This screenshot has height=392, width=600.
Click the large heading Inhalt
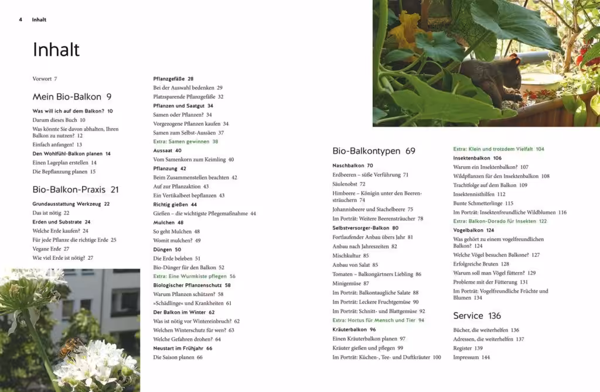[56, 50]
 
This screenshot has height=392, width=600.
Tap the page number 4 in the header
[21, 20]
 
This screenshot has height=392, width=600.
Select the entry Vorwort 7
[45, 78]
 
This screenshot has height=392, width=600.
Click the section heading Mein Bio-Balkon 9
[71, 97]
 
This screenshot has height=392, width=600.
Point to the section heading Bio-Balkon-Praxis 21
[76, 190]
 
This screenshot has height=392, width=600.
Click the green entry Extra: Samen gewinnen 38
[185, 142]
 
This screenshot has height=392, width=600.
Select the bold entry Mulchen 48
[168, 222]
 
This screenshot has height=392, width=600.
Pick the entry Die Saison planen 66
[178, 357]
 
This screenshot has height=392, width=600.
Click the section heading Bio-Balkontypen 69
[373, 151]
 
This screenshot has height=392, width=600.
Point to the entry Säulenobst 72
[349, 184]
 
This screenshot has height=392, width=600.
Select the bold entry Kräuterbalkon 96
[354, 329]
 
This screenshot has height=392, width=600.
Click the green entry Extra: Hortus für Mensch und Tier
[378, 320]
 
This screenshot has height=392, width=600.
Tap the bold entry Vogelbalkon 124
[473, 230]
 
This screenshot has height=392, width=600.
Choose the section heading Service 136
[477, 316]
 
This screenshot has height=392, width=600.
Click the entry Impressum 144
[471, 357]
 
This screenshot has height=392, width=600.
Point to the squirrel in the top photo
[489, 79]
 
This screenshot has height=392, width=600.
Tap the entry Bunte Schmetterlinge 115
[483, 203]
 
